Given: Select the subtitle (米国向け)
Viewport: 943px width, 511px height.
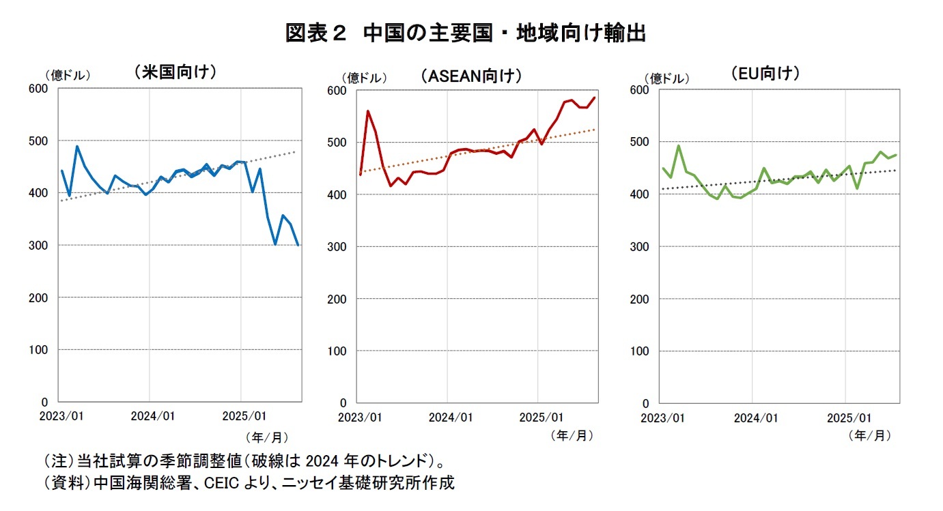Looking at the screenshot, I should click(175, 72).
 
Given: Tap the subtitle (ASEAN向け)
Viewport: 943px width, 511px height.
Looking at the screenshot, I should click(471, 75).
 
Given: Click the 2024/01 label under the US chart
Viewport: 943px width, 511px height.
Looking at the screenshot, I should click(154, 415).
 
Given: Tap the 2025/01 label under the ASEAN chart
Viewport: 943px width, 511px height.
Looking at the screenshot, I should click(541, 417).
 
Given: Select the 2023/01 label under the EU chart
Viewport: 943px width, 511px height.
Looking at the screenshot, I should click(663, 418).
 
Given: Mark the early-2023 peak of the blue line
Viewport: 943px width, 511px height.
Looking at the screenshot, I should click(77, 146).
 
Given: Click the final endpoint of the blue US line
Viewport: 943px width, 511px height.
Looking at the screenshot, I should click(298, 245).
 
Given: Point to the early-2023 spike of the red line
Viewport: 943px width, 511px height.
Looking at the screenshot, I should click(368, 111).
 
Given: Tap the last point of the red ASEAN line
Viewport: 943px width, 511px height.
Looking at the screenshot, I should click(595, 98).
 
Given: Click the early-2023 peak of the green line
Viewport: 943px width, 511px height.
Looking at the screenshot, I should click(678, 145).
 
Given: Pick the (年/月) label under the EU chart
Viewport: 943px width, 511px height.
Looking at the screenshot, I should click(869, 435).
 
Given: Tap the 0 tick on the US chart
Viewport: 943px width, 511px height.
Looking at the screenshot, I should click(45, 402).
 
